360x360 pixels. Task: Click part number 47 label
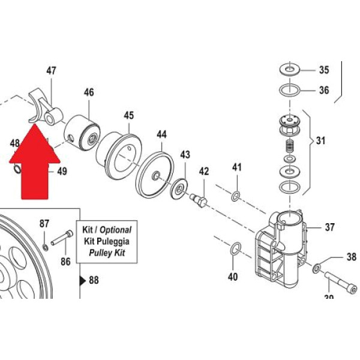click(x=51, y=71)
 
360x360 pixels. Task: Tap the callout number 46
click(x=89, y=93)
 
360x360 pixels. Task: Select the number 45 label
click(x=129, y=115)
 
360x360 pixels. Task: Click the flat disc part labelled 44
click(x=155, y=175)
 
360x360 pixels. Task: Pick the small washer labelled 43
click(x=179, y=190)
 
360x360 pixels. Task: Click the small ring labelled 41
click(x=236, y=196)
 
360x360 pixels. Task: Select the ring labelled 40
click(x=235, y=248)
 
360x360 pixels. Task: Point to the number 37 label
click(x=329, y=227)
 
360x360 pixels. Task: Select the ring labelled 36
click(x=290, y=92)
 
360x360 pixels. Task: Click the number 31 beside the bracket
click(x=322, y=142)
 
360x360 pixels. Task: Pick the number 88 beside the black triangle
click(x=94, y=280)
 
